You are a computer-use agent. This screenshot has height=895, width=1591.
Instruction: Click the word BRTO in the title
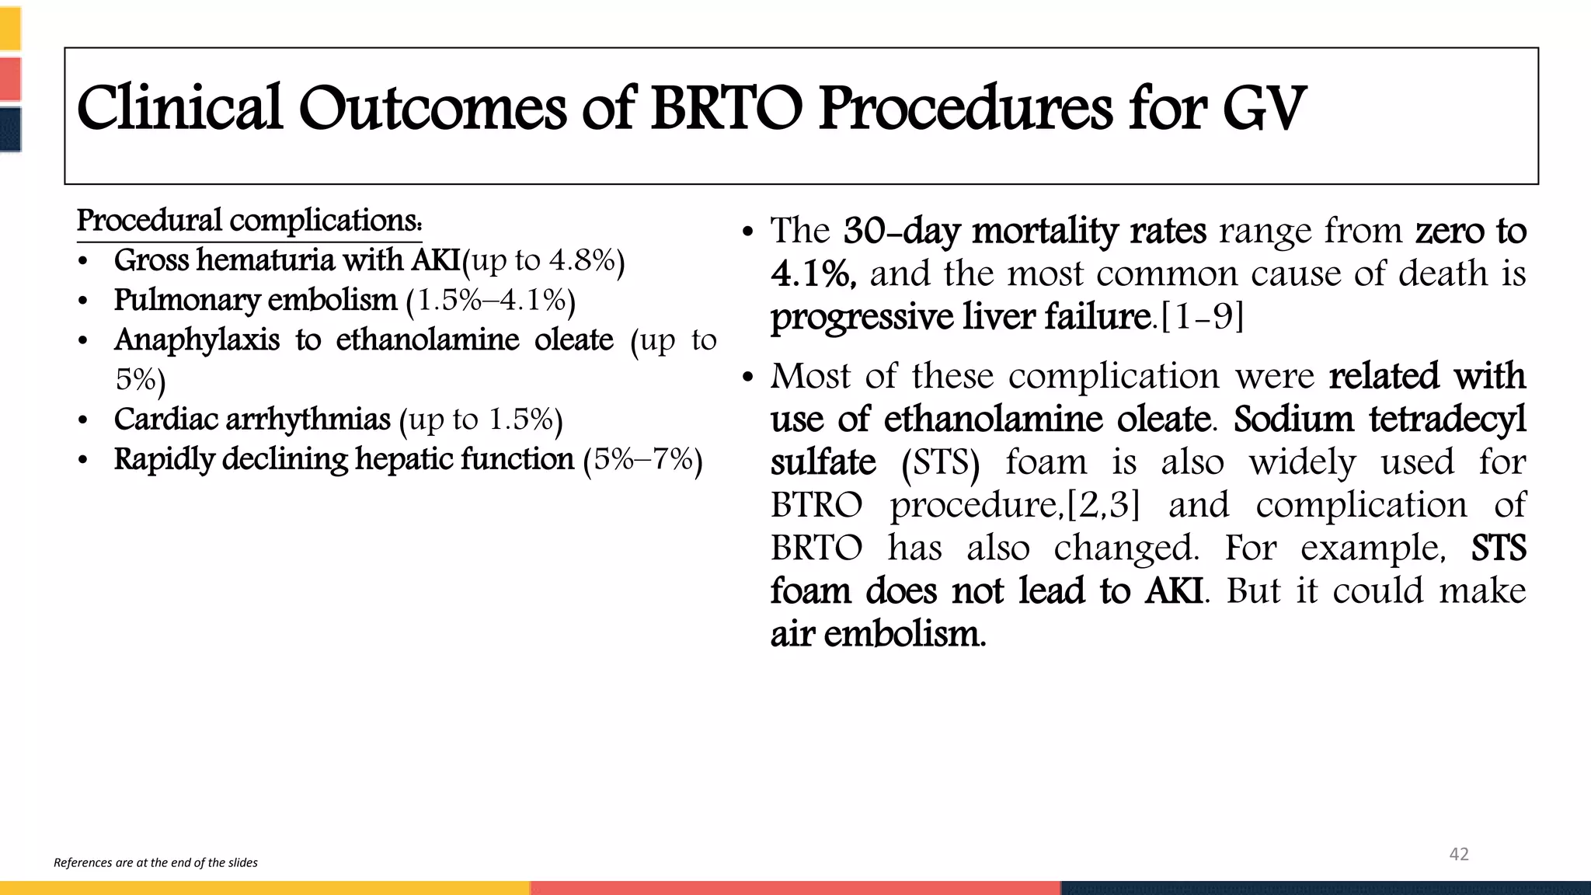(x=726, y=109)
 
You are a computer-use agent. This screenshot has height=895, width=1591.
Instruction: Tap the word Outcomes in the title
(x=432, y=109)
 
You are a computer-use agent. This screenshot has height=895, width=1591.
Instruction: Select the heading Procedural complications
(x=249, y=221)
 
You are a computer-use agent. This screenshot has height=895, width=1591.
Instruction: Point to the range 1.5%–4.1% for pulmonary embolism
(x=491, y=301)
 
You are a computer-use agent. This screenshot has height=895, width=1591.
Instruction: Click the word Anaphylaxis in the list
(x=197, y=340)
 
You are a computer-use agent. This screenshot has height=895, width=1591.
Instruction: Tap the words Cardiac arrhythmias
(x=252, y=420)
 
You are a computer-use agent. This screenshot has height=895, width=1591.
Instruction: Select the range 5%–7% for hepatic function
(x=642, y=459)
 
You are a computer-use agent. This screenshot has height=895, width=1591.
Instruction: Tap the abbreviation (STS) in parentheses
(x=941, y=462)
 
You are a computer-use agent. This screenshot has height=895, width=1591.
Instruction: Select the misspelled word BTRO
(x=816, y=505)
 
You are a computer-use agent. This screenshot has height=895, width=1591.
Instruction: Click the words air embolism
(x=878, y=634)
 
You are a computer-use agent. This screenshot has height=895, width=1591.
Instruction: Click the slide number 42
(x=1459, y=855)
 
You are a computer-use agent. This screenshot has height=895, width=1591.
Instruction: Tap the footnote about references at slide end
(x=155, y=862)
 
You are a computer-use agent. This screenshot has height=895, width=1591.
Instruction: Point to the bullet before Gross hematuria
(x=83, y=262)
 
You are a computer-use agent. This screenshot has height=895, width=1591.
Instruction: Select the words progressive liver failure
(x=961, y=317)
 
